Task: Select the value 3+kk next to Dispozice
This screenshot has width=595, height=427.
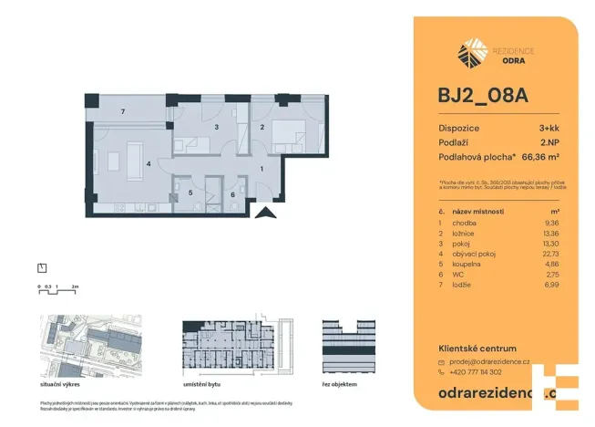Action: coord(549,130)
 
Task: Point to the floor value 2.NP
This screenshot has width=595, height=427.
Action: coord(550,143)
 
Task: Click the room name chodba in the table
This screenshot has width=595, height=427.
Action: coord(463,220)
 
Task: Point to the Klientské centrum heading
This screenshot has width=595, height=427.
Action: coord(477,349)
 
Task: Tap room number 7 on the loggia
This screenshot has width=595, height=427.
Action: coord(123,112)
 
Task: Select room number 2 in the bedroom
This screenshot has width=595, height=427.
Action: coord(262,128)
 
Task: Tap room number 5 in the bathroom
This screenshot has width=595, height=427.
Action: coord(190,193)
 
